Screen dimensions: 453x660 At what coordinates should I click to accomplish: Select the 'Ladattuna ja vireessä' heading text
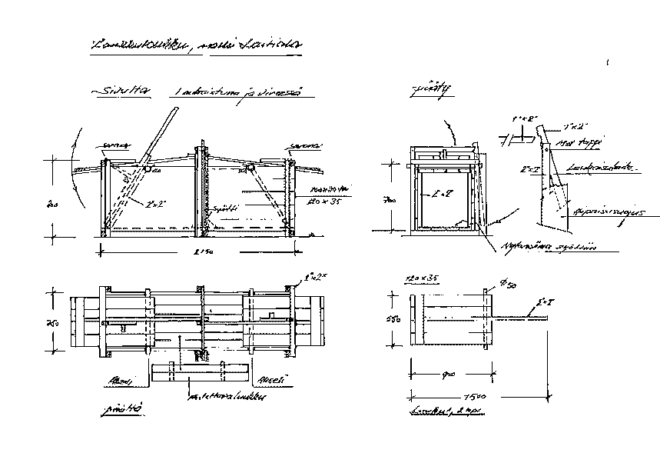point(239,93)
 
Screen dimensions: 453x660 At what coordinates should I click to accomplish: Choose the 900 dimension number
point(449,375)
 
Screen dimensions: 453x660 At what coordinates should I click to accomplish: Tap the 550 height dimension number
point(390,318)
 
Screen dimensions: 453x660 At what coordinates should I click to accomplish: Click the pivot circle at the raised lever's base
point(145,168)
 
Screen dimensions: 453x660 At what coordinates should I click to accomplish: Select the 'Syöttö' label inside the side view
point(222,208)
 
